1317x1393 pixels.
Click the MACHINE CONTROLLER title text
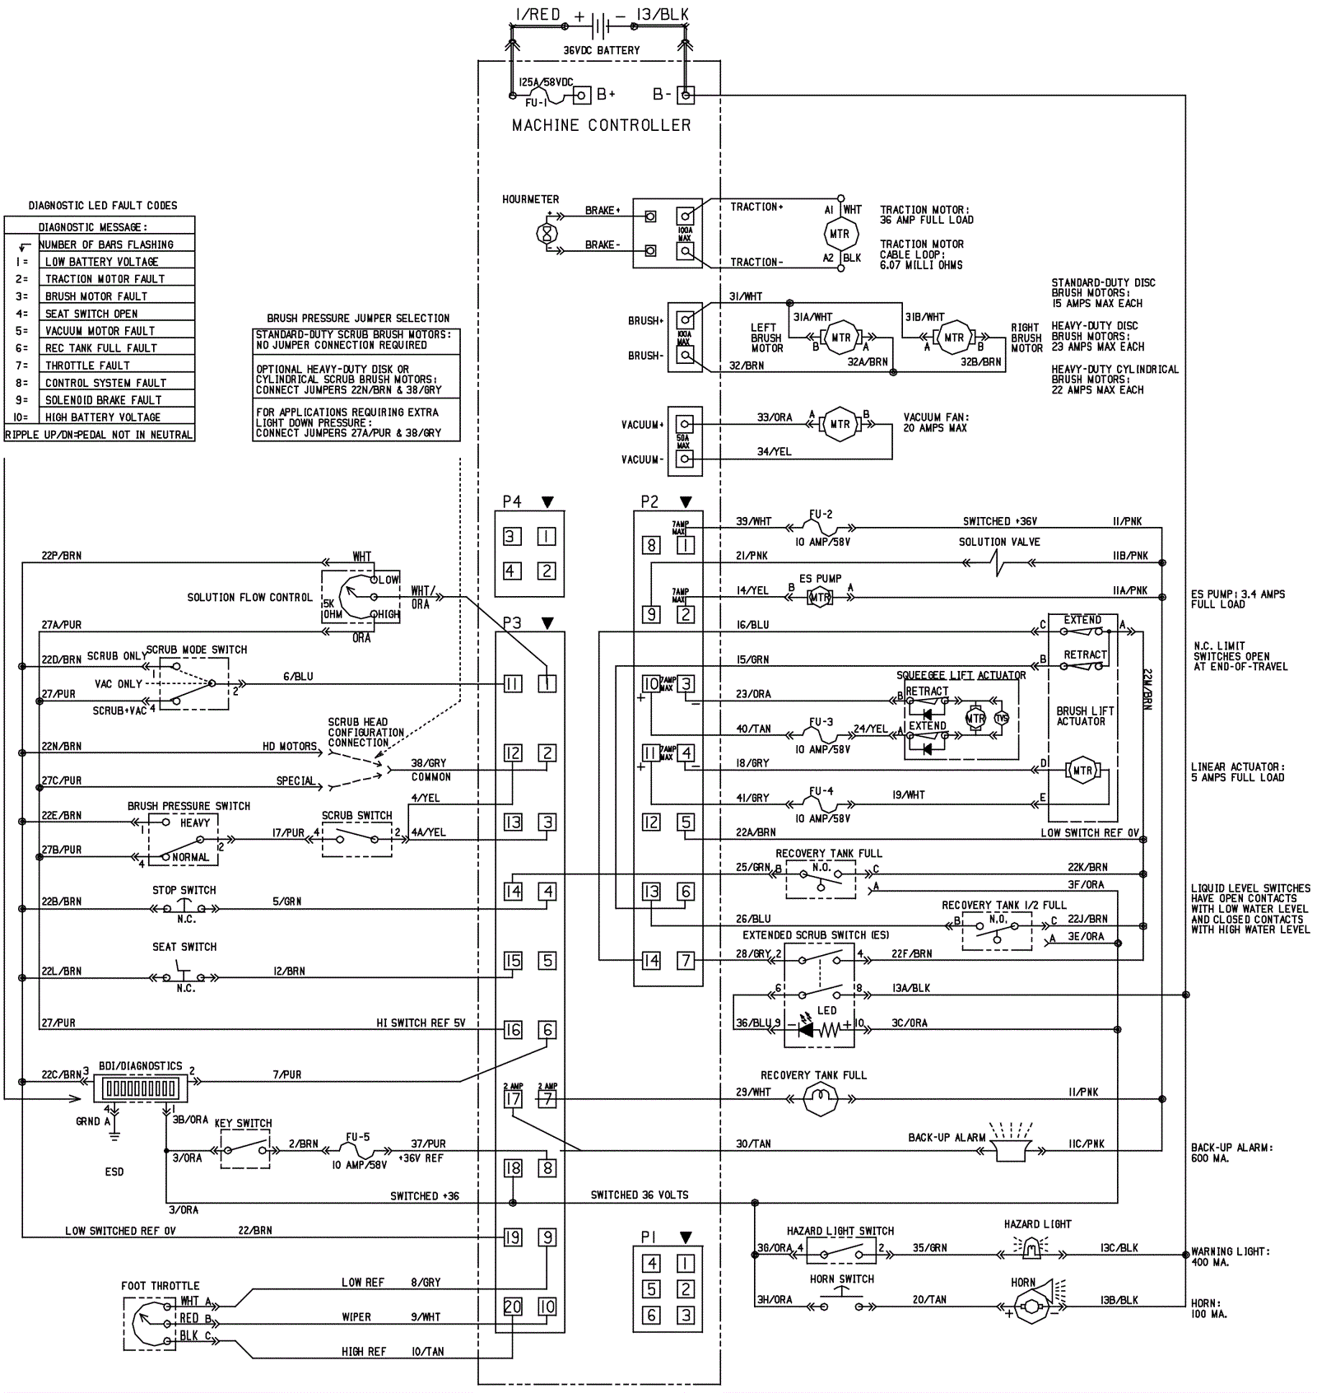pos(601,125)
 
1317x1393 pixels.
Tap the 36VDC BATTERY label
pos(601,50)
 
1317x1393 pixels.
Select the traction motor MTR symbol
pos(840,234)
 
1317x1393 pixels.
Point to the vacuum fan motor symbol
pos(840,424)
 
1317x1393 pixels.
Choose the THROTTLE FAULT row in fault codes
pos(87,366)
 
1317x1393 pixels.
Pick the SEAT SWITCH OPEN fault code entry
pos(91,314)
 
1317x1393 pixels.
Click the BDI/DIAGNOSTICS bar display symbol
pos(140,1089)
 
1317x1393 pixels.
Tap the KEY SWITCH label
pos(243,1123)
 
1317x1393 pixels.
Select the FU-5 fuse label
pos(357,1137)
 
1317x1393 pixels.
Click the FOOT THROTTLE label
pos(160,1285)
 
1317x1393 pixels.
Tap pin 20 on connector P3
pos(513,1307)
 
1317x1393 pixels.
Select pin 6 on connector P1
pos(651,1316)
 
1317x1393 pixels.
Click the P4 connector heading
pos(512,501)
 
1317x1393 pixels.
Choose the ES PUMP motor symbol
pos(820,598)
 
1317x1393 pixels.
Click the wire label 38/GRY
pos(429,763)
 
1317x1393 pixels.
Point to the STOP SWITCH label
pos(184,890)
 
